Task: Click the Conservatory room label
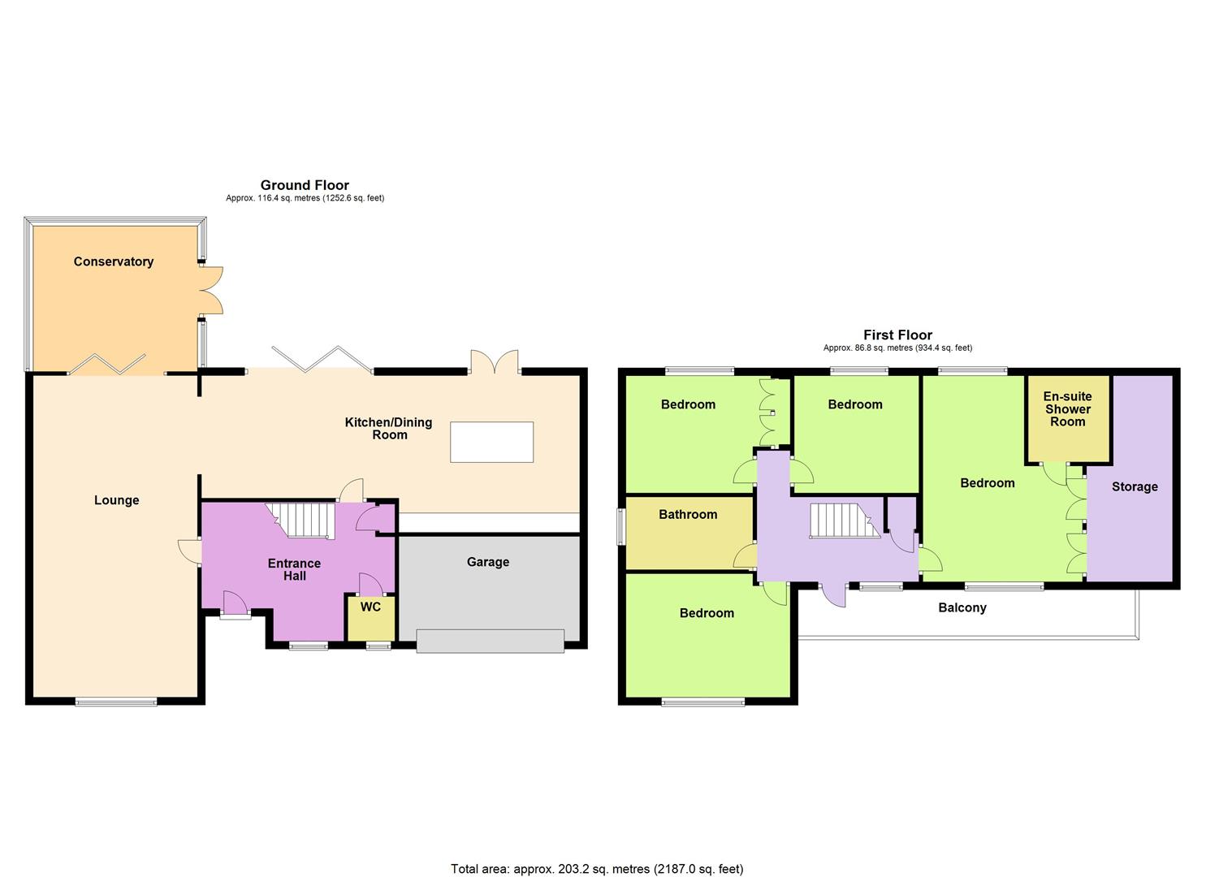click(114, 261)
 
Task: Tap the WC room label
click(370, 607)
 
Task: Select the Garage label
click(488, 562)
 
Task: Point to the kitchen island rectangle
click(493, 443)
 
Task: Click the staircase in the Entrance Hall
click(302, 521)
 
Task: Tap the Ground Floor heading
click(305, 185)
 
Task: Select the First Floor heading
click(897, 335)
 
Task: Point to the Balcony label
click(962, 607)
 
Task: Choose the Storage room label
click(1135, 486)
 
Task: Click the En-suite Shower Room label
click(1068, 409)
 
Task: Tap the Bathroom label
click(688, 514)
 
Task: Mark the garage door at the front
click(490, 641)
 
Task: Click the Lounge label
click(117, 500)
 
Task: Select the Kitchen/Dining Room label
click(389, 428)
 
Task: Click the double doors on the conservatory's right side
click(210, 290)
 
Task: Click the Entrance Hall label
click(295, 569)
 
